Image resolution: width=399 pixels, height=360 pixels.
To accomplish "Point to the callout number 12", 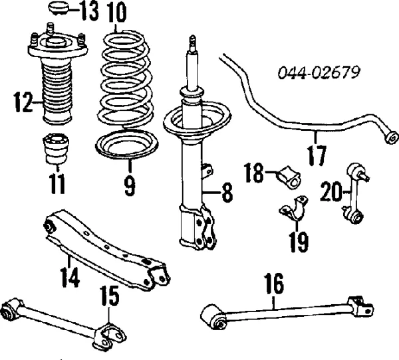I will coord(22,102).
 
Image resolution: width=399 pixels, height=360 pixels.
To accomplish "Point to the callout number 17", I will coord(317,155).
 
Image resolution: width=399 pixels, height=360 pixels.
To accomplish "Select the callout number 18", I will coord(255,173).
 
